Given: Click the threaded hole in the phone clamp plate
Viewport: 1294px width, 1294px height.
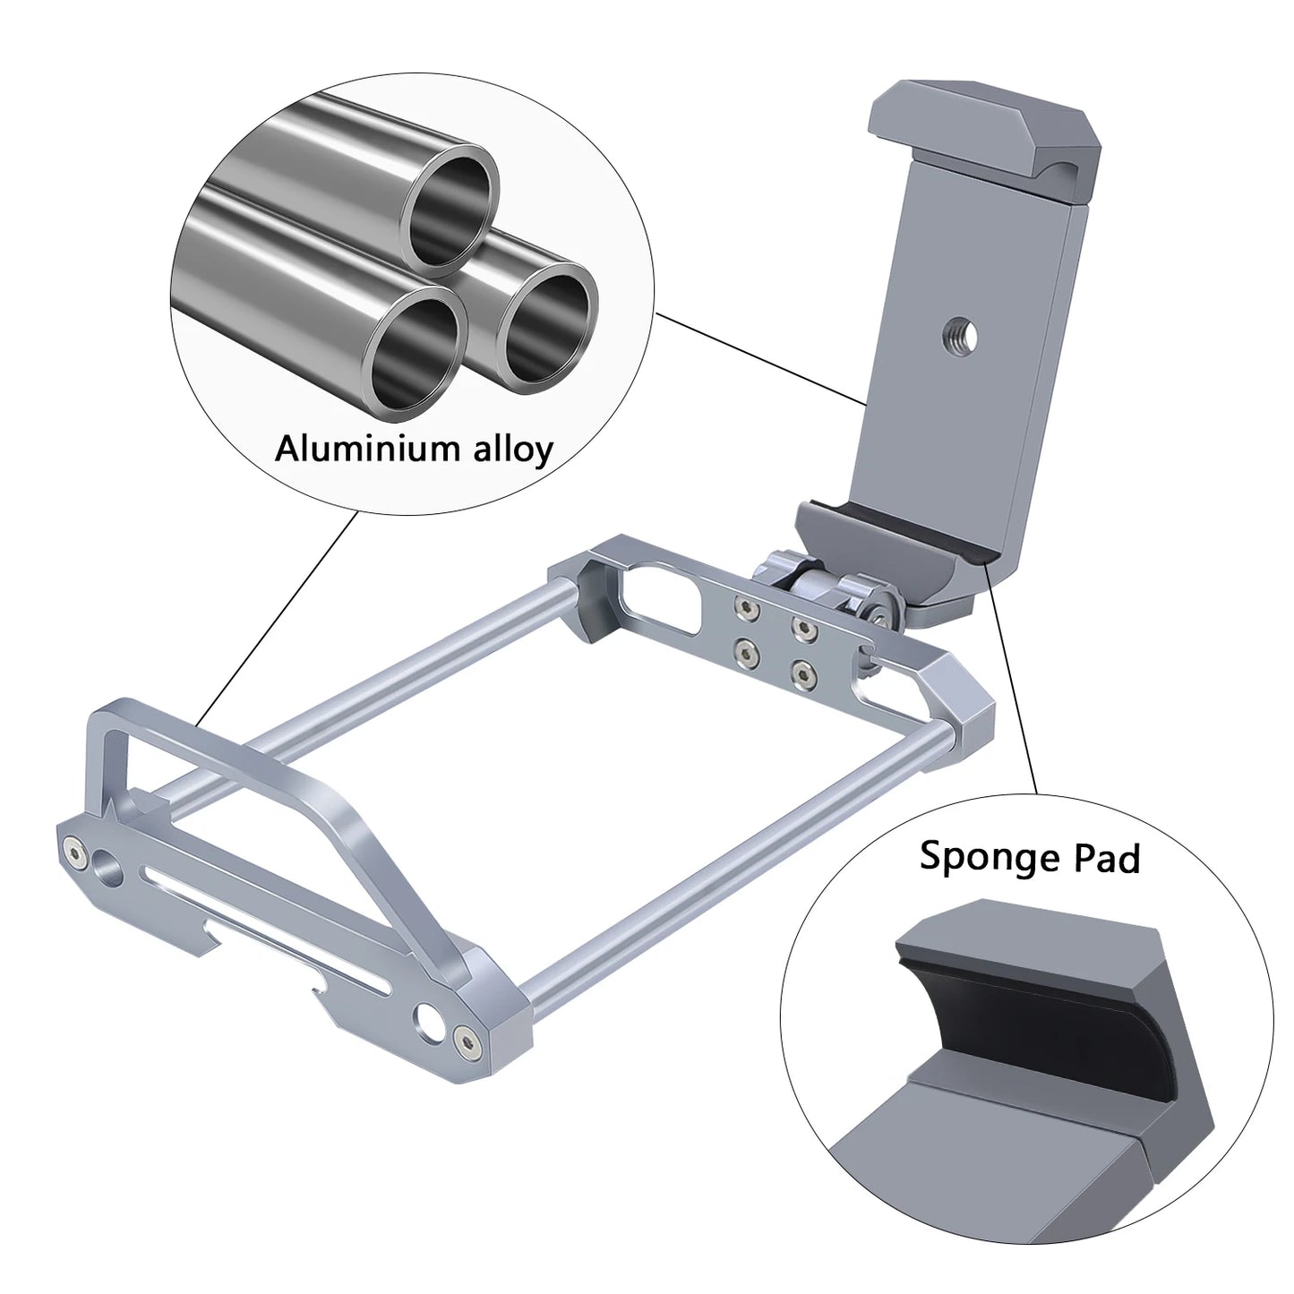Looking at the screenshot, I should [x=962, y=336].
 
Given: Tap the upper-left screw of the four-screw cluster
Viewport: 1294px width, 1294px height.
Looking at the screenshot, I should [x=744, y=609].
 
